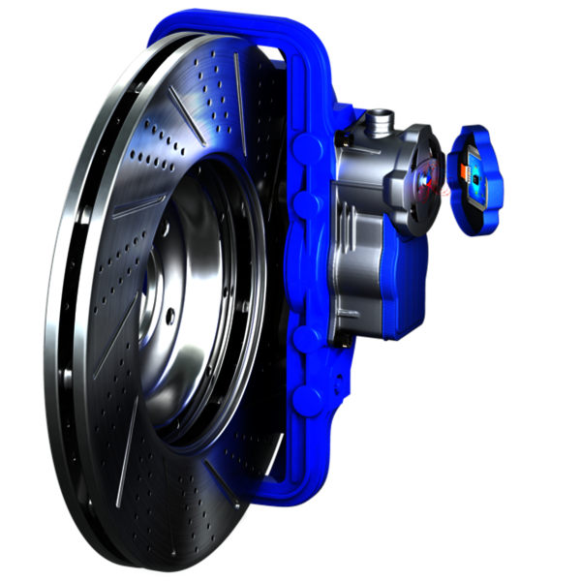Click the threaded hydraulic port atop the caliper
tap(379, 122)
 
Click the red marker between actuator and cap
tap(445, 192)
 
